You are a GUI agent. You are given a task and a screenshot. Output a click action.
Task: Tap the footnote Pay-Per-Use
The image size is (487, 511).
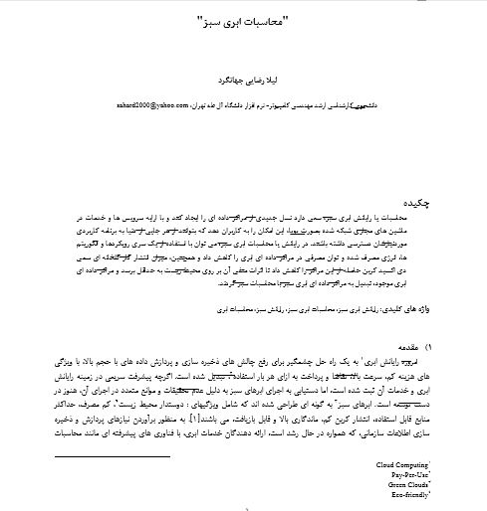tap(406, 475)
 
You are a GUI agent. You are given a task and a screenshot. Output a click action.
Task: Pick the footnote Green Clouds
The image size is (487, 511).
tap(404, 485)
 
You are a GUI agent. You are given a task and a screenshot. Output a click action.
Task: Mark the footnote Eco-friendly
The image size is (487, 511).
tap(405, 495)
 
